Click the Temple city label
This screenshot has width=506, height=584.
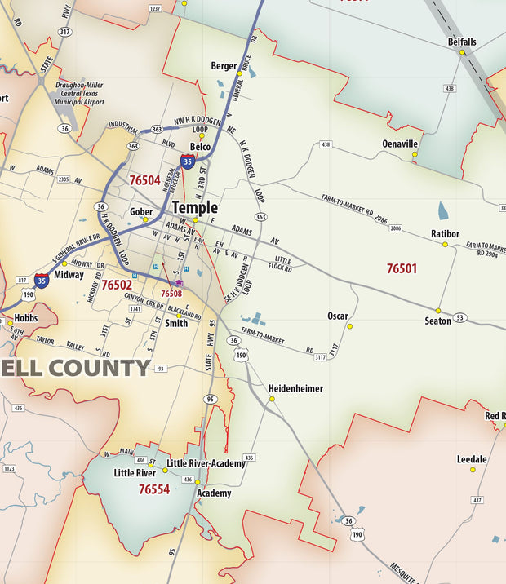pyautogui.click(x=194, y=207)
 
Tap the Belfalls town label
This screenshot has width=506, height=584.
pyautogui.click(x=462, y=42)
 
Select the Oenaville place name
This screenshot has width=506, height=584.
pyautogui.click(x=400, y=144)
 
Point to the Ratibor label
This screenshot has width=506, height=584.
pyautogui.click(x=446, y=234)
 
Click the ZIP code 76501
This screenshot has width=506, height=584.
pyautogui.click(x=402, y=268)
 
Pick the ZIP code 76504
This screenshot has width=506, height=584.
pyautogui.click(x=144, y=180)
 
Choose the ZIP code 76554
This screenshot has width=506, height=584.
pyautogui.click(x=153, y=489)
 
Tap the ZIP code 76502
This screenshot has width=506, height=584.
pyautogui.click(x=117, y=285)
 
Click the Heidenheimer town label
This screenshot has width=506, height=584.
pyautogui.click(x=296, y=388)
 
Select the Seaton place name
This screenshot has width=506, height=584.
pyautogui.click(x=438, y=321)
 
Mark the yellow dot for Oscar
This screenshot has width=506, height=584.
pyautogui.click(x=349, y=326)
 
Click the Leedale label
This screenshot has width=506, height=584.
pyautogui.click(x=472, y=459)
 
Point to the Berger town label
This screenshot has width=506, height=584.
pyautogui.click(x=224, y=65)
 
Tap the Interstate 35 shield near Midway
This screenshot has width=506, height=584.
pyautogui.click(x=42, y=280)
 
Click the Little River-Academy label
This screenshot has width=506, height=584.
pyautogui.click(x=206, y=463)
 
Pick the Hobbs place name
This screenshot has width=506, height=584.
pyautogui.click(x=26, y=317)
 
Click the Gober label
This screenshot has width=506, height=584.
pyautogui.click(x=141, y=211)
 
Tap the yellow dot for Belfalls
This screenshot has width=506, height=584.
pyautogui.click(x=462, y=52)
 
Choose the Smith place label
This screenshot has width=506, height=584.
pyautogui.click(x=176, y=323)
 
